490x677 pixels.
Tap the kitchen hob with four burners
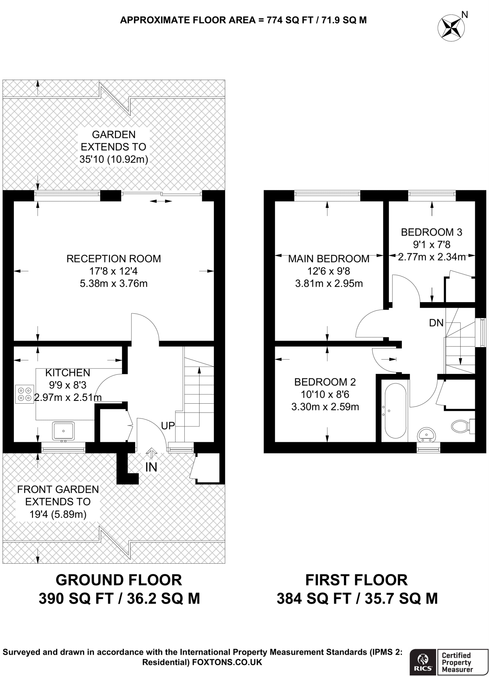tap(25, 394)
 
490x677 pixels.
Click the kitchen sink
tap(63, 431)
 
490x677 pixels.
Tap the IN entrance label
tap(151, 467)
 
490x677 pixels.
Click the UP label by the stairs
tap(168, 426)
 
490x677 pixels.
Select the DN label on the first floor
tap(436, 323)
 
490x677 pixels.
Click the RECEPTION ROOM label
tap(114, 259)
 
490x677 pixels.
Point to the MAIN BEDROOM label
tap(329, 259)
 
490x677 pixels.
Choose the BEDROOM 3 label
tap(432, 232)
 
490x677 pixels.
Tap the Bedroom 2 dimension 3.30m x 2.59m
tap(325, 407)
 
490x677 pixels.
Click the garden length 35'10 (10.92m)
tap(114, 160)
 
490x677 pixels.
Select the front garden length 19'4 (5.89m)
tap(58, 515)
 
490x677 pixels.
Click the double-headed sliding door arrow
tap(161, 201)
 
